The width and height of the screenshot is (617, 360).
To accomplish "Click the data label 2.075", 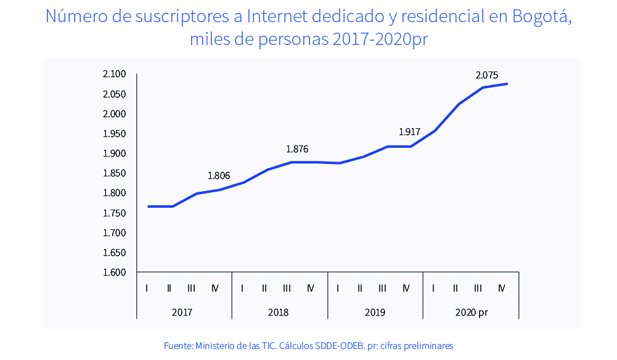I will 486,75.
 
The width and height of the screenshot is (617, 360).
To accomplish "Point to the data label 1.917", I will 409,131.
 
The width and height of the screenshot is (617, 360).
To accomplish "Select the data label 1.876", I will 296,149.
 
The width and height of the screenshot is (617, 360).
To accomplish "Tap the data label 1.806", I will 219,176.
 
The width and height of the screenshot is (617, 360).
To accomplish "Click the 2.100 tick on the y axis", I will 114,74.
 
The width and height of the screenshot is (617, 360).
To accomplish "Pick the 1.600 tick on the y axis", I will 114,272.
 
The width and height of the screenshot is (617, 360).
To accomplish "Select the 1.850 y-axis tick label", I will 114,173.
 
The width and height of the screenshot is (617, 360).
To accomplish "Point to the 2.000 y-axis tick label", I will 114,114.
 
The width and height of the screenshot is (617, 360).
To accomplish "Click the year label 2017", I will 182,312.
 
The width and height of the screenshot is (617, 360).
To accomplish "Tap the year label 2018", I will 278,312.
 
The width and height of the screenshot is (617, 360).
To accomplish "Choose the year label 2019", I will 375,312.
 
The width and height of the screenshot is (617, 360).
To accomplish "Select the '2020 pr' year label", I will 472,312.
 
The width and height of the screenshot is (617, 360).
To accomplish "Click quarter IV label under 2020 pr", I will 501,288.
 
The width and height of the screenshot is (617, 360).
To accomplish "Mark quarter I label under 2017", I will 147,288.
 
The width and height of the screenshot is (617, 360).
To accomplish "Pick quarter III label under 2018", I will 287,288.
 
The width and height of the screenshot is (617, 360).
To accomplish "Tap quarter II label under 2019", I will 359,288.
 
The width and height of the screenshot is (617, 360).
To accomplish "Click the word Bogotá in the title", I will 542,17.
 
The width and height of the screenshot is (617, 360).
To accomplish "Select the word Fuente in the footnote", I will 178,346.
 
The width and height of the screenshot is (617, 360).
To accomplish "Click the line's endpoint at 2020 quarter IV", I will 507,84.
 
